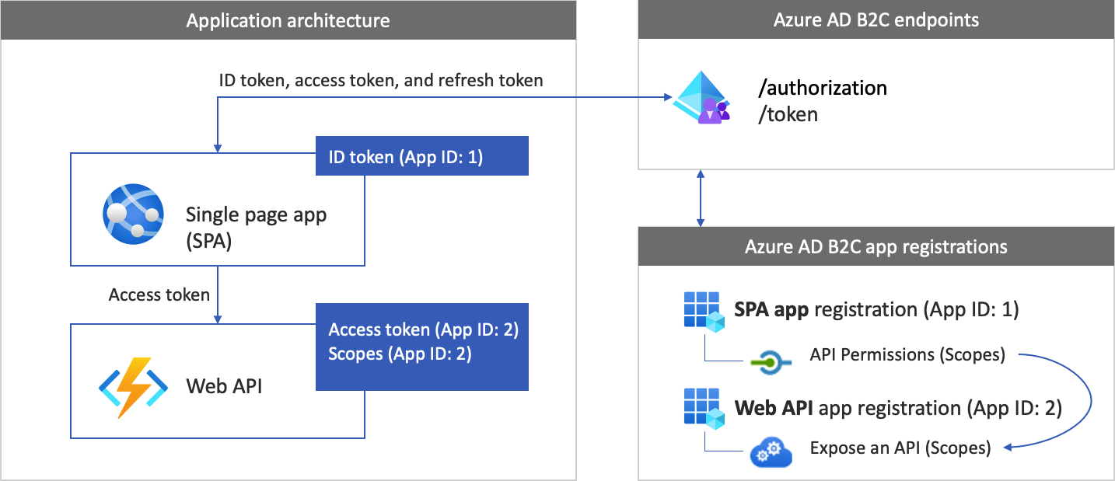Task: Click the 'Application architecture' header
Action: point(288,19)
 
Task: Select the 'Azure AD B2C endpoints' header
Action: point(876,19)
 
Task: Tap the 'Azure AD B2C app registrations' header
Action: point(876,247)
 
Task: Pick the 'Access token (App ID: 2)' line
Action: point(423,329)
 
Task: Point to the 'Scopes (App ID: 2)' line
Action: point(399,354)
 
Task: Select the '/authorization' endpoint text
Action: point(823,88)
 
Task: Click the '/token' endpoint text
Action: point(788,114)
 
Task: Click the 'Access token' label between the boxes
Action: point(159,295)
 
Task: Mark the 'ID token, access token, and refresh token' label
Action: point(381,80)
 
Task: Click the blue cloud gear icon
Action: point(771,451)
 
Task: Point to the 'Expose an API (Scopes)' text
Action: point(900,448)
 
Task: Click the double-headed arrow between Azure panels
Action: point(701,198)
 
